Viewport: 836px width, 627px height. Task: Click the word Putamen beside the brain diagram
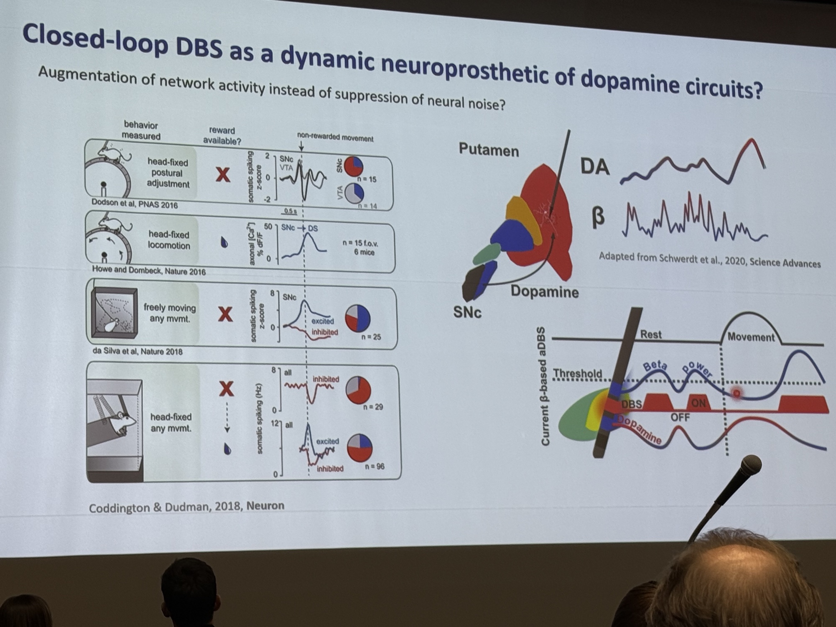coord(489,150)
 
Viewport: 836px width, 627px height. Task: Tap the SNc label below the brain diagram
coord(467,312)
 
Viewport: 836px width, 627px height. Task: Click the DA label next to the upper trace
coord(595,166)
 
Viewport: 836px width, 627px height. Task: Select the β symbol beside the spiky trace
coord(598,218)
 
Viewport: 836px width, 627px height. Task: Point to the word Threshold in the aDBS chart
coord(577,373)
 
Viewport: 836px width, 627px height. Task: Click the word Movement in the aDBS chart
coord(751,337)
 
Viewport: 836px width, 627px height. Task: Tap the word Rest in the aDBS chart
coord(651,334)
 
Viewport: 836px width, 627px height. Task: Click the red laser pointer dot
coord(737,393)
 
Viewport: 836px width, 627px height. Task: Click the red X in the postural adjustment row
coord(223,174)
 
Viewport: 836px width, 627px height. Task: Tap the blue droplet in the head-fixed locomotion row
coord(224,242)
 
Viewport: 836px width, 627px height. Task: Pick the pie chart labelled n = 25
coord(358,318)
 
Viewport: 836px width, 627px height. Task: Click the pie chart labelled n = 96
coord(359,448)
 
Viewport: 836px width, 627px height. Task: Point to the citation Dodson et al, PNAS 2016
coord(135,204)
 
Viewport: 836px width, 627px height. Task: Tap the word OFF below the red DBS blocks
coord(680,417)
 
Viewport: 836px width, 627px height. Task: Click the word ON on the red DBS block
coord(698,403)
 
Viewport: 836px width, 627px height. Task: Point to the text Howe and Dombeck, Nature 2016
coord(149,270)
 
